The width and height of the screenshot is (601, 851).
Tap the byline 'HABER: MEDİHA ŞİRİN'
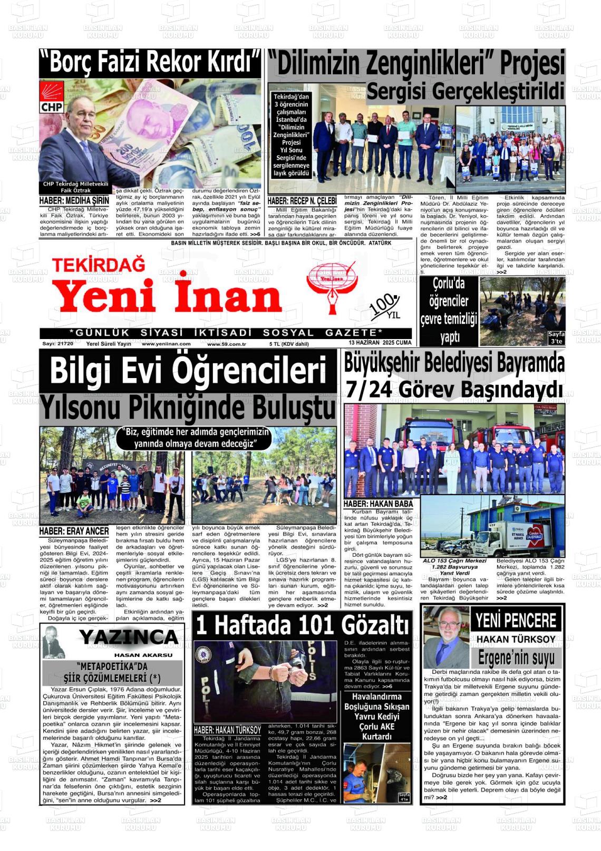point(74,201)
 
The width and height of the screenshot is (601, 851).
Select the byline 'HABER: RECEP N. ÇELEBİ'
point(302,201)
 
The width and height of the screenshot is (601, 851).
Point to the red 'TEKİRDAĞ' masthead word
point(99,264)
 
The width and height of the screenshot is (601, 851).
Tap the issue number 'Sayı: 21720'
point(57,344)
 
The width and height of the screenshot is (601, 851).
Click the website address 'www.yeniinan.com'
point(166,344)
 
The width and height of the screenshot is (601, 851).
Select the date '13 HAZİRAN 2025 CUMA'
point(380,343)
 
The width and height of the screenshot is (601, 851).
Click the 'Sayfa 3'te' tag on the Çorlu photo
point(556,338)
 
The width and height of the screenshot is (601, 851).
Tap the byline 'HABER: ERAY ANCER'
point(74,531)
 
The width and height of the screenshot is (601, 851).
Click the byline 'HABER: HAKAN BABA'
point(378,504)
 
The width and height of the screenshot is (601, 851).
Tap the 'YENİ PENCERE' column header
point(516,621)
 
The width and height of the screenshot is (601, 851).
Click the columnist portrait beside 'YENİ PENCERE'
point(446,637)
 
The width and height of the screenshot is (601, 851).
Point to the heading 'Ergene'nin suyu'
point(516,658)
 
